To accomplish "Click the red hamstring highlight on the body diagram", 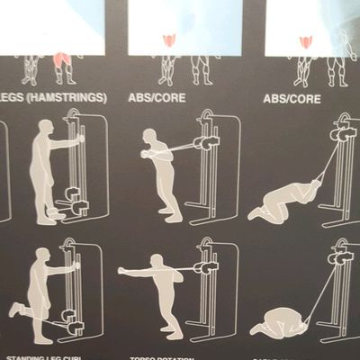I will coord(60,61).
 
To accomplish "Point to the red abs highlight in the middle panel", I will coord(168,41).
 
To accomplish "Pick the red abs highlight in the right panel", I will coord(307,41).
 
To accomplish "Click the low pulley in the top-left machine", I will coord(76,208).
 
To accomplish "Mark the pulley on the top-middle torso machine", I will coord(206,141).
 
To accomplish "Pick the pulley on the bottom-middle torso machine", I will coord(206,266).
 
